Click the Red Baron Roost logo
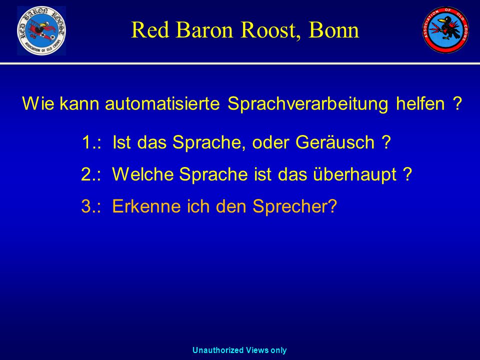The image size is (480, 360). [41, 30]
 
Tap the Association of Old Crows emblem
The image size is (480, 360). [445, 29]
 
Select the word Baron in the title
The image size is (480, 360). [204, 30]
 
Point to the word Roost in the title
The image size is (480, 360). [270, 30]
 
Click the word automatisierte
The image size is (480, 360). [162, 103]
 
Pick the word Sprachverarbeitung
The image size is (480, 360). [307, 104]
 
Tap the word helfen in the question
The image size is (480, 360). [420, 103]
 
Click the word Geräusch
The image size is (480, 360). [335, 142]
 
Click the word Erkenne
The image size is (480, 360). [146, 206]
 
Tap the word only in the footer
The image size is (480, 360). [278, 350]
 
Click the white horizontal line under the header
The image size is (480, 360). [240, 63]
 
